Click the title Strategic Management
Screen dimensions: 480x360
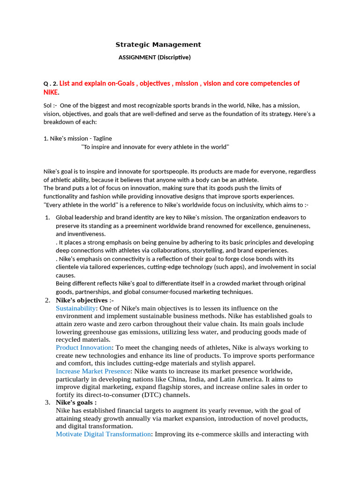(158, 45)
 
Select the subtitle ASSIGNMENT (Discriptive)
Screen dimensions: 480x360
(154, 57)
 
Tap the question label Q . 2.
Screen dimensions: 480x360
(50, 84)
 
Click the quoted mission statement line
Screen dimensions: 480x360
(155, 147)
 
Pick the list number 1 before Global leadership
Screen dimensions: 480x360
(47, 217)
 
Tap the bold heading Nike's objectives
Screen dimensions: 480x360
(82, 300)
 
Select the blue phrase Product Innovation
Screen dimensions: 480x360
(84, 347)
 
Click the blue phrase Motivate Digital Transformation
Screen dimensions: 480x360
(103, 434)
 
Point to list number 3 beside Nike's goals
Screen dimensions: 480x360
(47, 402)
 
